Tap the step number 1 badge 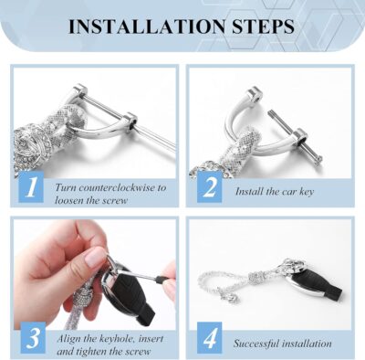pyautogui.click(x=30, y=188)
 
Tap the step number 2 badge pyautogui.click(x=210, y=188)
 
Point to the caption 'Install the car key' pyautogui.click(x=275, y=192)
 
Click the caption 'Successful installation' pyautogui.click(x=282, y=344)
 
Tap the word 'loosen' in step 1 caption pyautogui.click(x=71, y=199)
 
